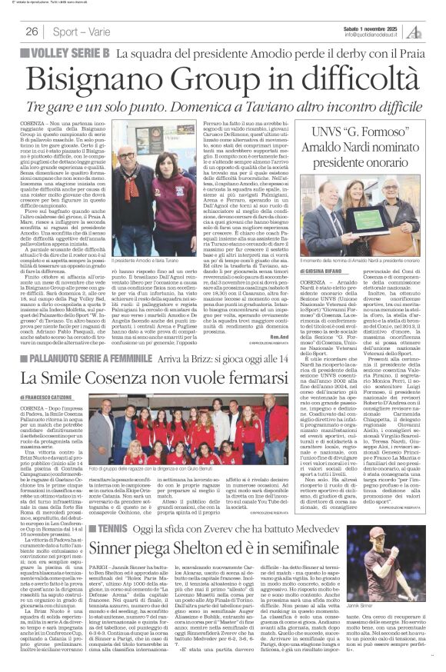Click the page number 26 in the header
point(32,31)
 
